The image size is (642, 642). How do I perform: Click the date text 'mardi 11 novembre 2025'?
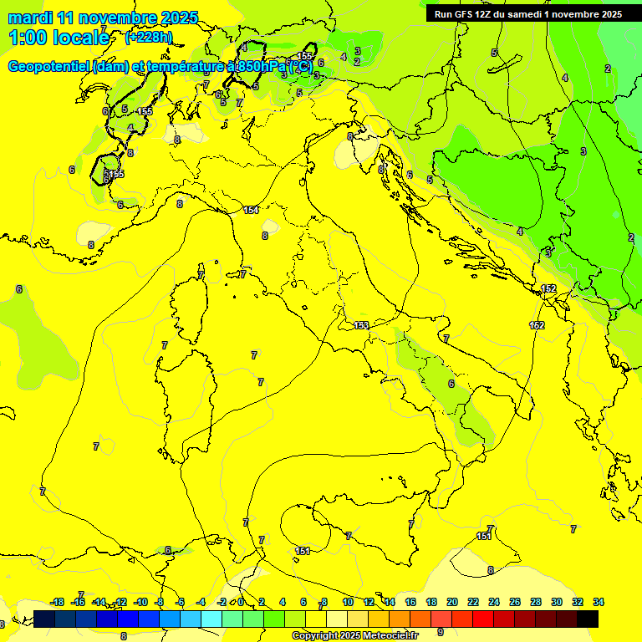coord(103,18)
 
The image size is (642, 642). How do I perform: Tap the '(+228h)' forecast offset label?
coord(149,37)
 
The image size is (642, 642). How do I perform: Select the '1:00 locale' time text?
coord(59,38)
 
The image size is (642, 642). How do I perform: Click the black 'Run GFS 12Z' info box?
coord(527,14)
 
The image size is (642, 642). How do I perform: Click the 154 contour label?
coord(251,210)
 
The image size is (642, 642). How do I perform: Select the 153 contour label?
coord(361,325)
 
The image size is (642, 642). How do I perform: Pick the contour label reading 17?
coord(242,274)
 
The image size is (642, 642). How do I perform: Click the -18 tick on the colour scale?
coord(57,602)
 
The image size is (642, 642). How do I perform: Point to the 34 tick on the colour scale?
coord(599,602)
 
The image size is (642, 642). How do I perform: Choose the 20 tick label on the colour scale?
coord(452,602)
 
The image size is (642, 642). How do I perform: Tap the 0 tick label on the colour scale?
coord(241,602)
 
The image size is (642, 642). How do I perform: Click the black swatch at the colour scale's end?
coord(588,619)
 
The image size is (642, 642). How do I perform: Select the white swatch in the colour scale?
coord(337,619)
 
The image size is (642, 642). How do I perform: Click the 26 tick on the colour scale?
coord(515,602)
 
